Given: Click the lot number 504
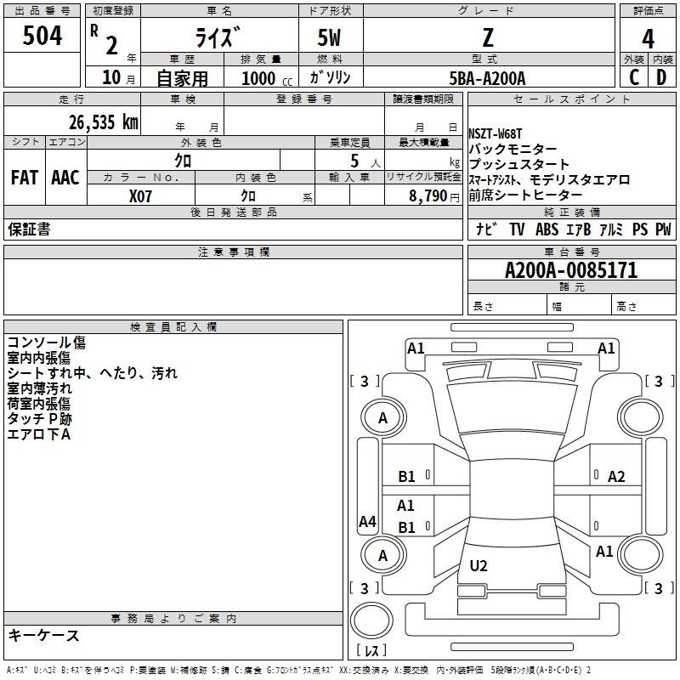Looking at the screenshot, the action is click(42, 36).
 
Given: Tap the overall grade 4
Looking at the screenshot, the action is click(648, 38).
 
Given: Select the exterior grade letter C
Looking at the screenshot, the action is click(634, 77).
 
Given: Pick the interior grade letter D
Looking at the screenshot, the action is click(661, 77).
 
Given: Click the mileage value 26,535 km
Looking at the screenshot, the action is click(103, 122).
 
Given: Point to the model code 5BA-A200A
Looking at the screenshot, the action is click(487, 78).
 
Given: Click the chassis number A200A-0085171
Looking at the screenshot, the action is click(571, 270).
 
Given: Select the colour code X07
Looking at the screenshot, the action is click(140, 196).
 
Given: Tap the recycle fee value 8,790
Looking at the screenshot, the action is click(428, 196).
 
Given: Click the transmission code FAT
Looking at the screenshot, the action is click(25, 178).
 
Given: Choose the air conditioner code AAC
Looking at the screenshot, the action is click(65, 178).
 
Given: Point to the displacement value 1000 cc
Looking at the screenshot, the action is click(267, 79).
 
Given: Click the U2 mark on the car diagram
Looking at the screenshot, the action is click(479, 565).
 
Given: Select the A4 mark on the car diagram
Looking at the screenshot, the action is click(367, 521).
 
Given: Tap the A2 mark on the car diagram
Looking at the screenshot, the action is click(616, 477).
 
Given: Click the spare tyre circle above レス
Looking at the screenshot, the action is click(371, 620).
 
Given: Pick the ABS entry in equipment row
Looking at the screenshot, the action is click(547, 229).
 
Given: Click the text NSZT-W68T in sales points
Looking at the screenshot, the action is click(496, 133).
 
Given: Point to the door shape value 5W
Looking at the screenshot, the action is click(329, 37).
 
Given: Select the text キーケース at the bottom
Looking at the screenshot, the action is click(43, 635).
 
